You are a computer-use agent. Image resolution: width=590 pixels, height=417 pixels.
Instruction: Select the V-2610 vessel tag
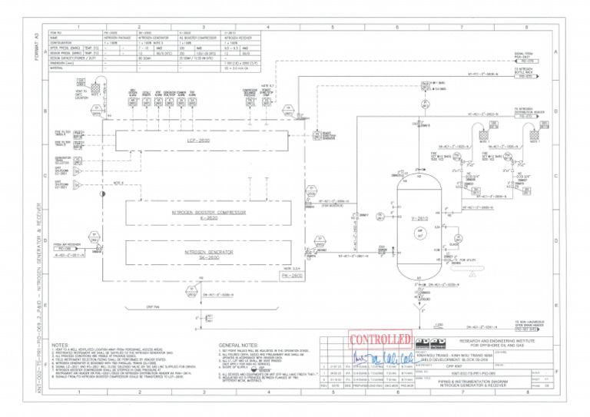(420, 218)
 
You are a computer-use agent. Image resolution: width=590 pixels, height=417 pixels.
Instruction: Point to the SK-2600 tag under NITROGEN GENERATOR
(187, 259)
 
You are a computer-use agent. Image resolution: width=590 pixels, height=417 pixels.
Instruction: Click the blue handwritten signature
(382, 358)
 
